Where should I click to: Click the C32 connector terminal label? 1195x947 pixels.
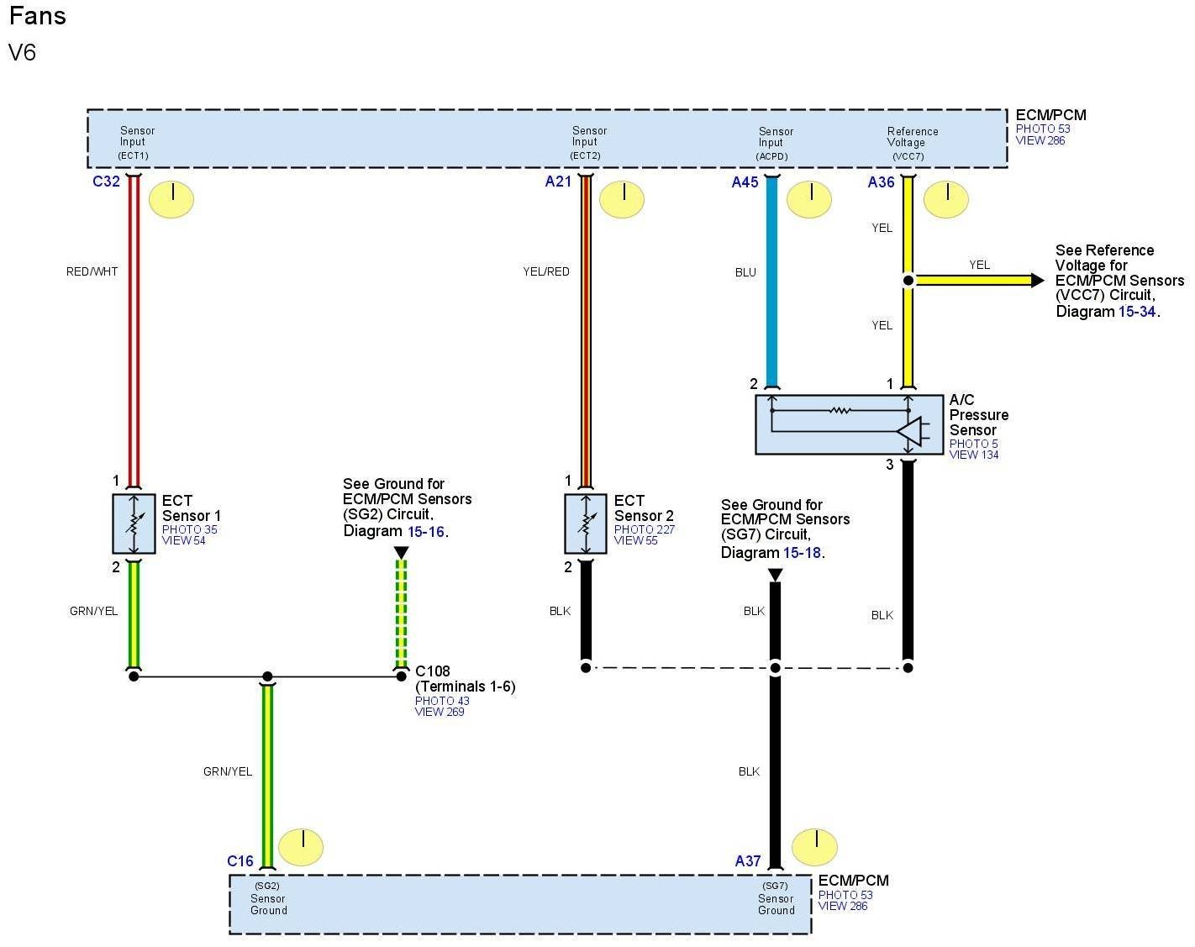106,182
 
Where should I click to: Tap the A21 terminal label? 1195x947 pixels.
558,182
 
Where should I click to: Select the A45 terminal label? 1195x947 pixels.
745,182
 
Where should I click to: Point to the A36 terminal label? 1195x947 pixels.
881,182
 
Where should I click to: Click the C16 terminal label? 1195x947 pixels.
240,861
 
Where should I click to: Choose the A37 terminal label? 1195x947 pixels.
748,861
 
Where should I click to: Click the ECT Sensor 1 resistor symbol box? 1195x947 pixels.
134,523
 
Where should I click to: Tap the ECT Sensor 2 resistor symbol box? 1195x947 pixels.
586,523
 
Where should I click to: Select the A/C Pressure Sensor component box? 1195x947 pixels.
849,424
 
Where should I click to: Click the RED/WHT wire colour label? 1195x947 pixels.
92,271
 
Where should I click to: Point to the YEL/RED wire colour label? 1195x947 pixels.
546,271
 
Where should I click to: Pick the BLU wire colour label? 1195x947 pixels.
745,272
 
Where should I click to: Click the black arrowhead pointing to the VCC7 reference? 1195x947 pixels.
1038,280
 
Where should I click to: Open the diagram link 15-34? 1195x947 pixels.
1137,312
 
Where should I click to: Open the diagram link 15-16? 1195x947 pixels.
426,532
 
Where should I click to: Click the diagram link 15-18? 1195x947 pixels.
802,553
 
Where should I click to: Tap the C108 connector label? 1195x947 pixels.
433,671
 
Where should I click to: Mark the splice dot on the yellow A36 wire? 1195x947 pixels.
908,280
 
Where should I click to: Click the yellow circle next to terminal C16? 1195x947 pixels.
301,847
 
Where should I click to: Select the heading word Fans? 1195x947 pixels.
38,16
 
